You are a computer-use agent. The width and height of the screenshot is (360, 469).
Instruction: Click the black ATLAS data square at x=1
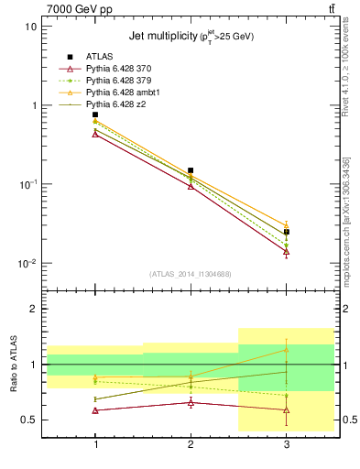click(x=95, y=115)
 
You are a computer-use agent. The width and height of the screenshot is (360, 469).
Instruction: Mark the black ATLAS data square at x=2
click(x=191, y=170)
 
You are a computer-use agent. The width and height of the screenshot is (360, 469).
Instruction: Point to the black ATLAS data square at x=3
click(x=287, y=232)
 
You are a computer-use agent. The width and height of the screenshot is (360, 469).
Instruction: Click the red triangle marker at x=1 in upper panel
click(x=95, y=134)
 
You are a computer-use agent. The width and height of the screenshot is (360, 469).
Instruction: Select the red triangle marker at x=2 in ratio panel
click(x=191, y=402)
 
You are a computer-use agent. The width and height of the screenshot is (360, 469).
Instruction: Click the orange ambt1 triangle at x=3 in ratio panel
click(x=287, y=350)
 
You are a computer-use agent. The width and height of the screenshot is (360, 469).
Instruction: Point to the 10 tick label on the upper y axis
click(x=30, y=27)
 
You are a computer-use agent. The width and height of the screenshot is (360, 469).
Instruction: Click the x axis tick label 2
click(x=191, y=443)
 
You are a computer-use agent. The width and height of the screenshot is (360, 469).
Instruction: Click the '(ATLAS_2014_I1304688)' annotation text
click(x=191, y=274)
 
